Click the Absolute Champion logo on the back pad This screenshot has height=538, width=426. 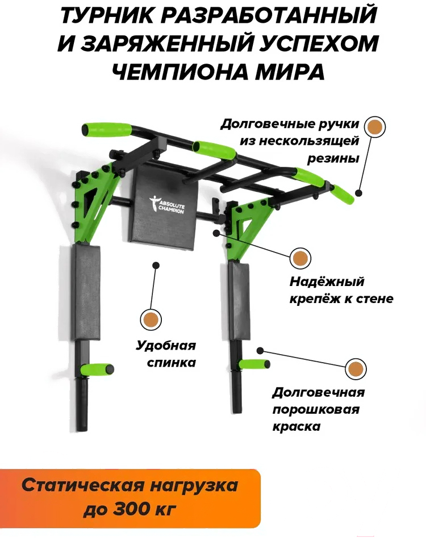(167, 205)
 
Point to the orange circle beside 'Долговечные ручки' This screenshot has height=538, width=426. (374, 127)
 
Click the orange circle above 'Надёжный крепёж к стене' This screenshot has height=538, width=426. (300, 258)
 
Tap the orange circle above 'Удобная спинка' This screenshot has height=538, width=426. (151, 320)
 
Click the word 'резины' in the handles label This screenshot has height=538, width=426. (333, 159)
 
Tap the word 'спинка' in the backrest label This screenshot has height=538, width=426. (172, 362)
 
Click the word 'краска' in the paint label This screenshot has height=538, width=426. (296, 427)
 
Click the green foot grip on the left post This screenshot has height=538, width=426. (97, 369)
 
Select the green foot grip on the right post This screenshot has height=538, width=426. (254, 364)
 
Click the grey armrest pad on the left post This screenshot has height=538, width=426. (86, 293)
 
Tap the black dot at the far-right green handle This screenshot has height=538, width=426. (358, 193)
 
